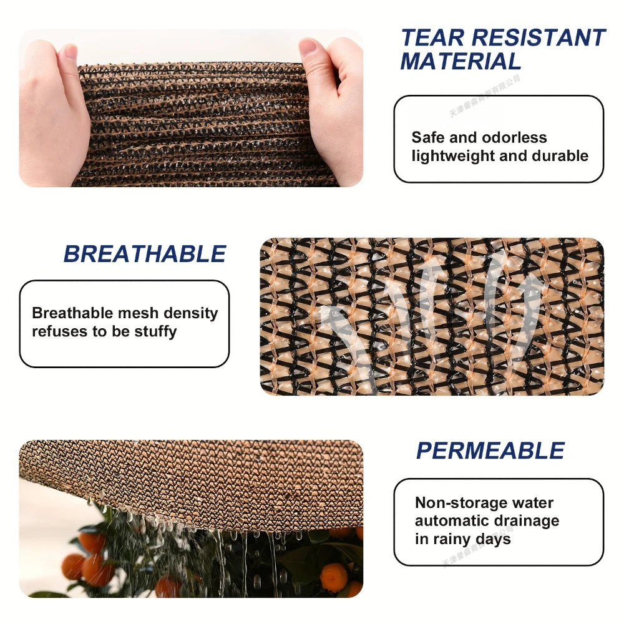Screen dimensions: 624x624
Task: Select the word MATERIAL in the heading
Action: click(x=461, y=62)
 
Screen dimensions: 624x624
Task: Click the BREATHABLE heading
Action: click(x=144, y=255)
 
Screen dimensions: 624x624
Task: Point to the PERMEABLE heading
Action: click(x=490, y=451)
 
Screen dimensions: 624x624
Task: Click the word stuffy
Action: click(x=155, y=331)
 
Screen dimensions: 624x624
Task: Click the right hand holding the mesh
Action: click(x=334, y=109)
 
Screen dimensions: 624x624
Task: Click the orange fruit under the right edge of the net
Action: click(x=334, y=577)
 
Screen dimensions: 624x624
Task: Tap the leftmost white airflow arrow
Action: click(x=340, y=337)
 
